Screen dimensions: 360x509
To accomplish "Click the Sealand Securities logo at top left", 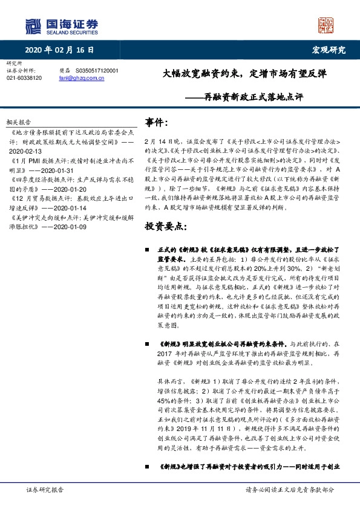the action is [x=61, y=26].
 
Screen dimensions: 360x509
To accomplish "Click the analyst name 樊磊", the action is [x=65, y=71].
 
